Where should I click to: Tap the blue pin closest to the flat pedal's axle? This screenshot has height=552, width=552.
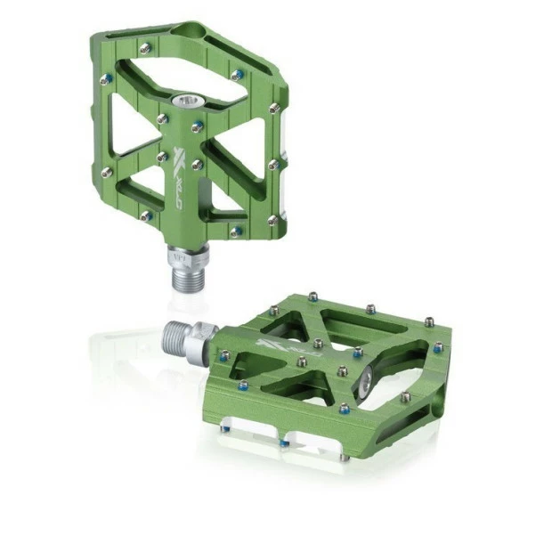pyautogui.click(x=224, y=355)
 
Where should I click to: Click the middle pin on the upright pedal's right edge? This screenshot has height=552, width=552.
pyautogui.click(x=273, y=164)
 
